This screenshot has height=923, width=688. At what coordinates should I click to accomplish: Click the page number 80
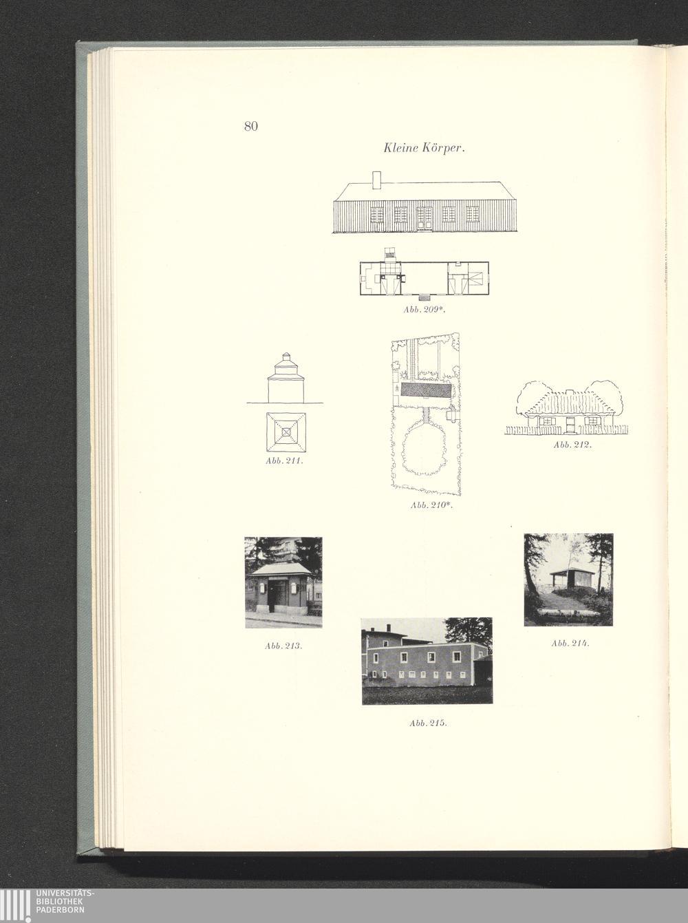[250, 126]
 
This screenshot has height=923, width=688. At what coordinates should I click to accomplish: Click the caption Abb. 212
[572, 445]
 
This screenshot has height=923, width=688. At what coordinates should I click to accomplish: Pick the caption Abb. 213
[284, 646]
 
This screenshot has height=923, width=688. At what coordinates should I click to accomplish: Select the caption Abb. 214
[570, 643]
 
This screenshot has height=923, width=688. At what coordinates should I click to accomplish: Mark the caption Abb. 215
[428, 723]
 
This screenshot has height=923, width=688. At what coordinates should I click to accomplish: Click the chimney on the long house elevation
[376, 179]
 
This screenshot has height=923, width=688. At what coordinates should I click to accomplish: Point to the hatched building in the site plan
[426, 390]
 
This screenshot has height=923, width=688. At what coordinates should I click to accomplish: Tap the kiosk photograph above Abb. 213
[283, 582]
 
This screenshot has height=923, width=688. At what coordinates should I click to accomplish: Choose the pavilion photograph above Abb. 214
[568, 580]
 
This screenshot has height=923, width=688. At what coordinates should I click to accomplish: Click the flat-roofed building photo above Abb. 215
[427, 661]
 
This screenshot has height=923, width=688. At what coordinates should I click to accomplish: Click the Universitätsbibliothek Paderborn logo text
[62, 902]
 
